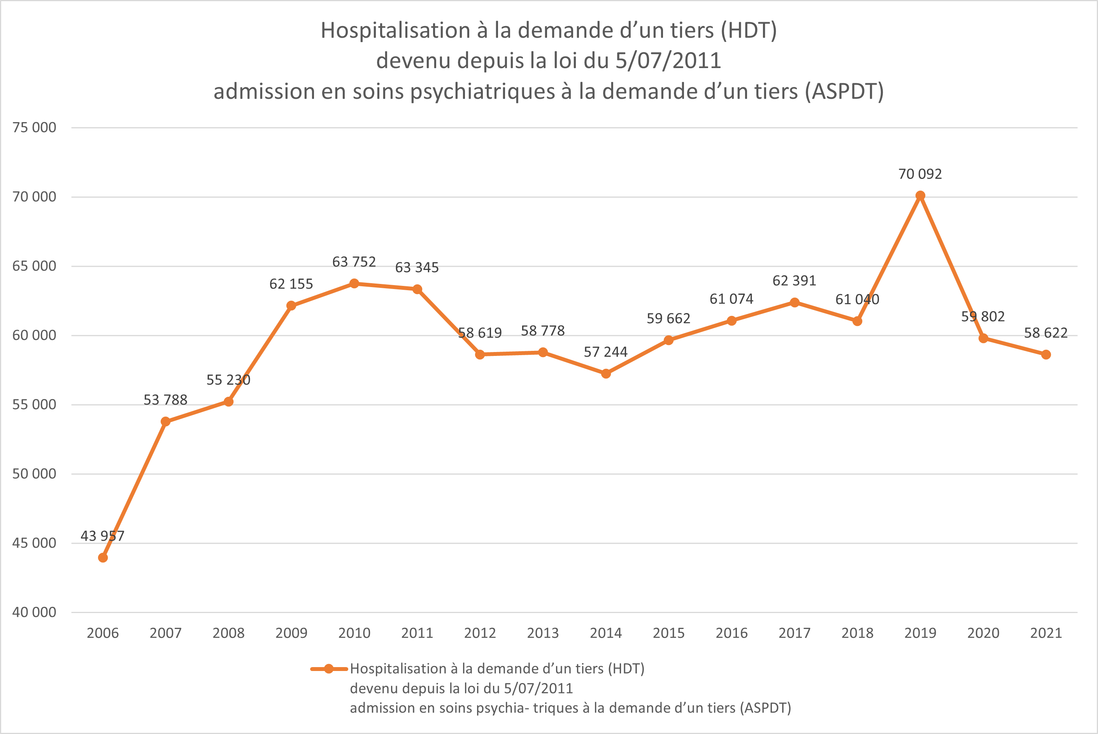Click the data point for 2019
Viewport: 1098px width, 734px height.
[x=920, y=196]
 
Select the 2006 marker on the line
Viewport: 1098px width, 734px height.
[x=103, y=557]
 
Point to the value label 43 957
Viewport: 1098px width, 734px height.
[x=103, y=536]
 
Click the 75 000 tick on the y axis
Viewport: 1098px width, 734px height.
[x=34, y=127]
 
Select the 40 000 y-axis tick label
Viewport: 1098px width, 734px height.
[x=34, y=612]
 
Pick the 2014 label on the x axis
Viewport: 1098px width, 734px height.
[x=606, y=633]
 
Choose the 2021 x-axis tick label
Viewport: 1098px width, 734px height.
[x=1046, y=633]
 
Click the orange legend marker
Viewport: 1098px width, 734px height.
[x=329, y=669]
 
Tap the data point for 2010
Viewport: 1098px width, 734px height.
[x=354, y=284]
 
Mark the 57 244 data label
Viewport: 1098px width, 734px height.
[x=605, y=352]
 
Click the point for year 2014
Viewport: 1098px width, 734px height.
[x=606, y=373]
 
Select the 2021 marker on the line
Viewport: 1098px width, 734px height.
[x=1046, y=355]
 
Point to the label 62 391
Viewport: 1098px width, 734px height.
[x=794, y=281]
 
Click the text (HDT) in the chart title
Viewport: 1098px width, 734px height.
[x=749, y=31]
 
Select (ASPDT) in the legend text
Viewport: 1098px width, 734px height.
[x=766, y=708]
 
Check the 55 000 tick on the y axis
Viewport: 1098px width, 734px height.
[x=34, y=405]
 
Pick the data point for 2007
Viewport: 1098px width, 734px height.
[x=166, y=422]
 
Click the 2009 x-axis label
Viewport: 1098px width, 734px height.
[x=291, y=633]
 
